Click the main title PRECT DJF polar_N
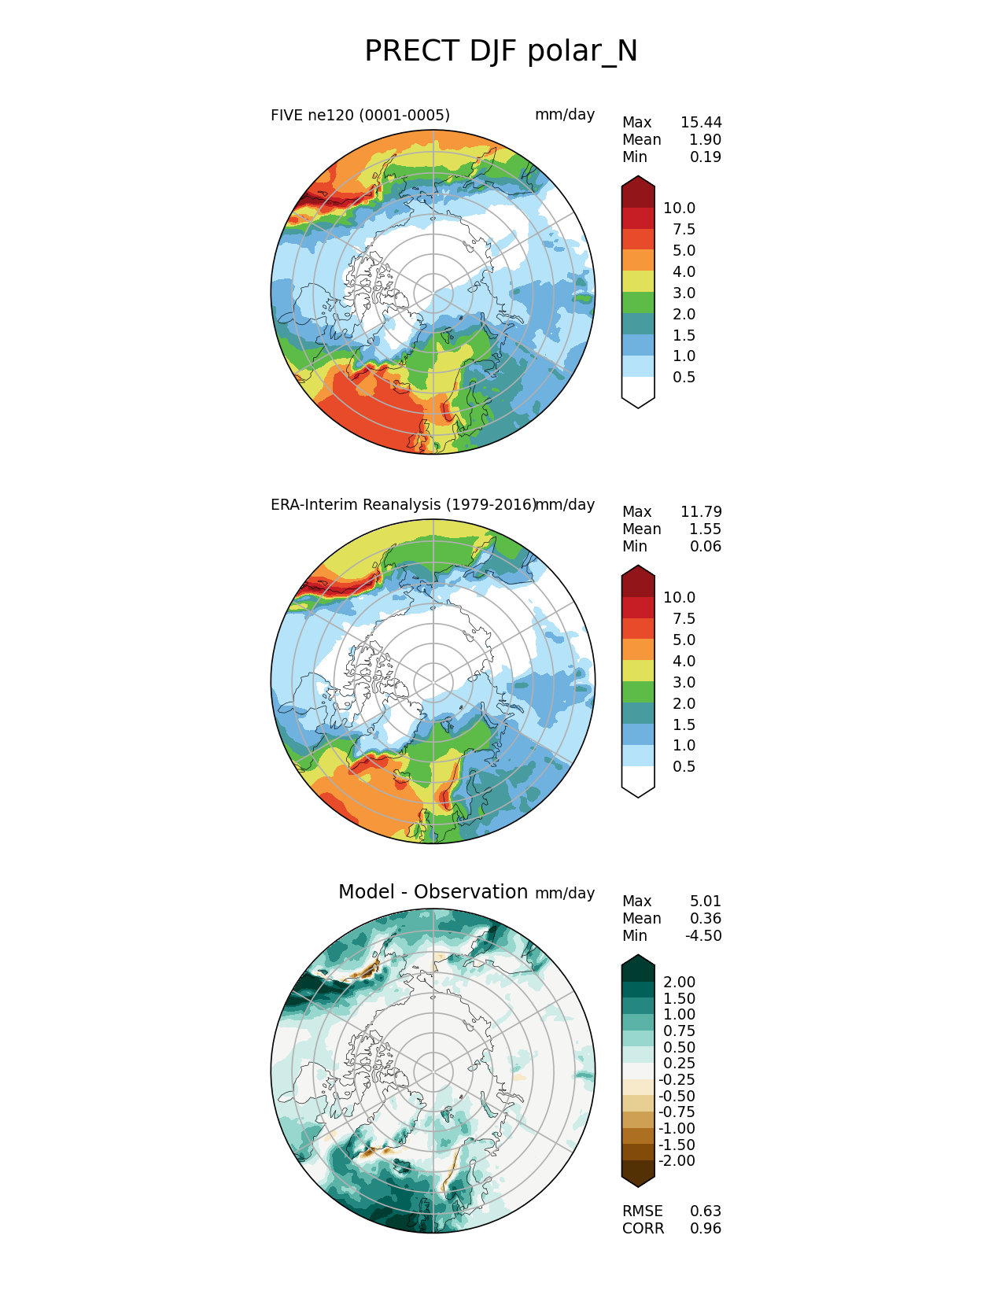point(501,51)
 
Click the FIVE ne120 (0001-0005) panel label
point(360,116)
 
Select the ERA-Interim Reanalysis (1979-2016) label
point(403,505)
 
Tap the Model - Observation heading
point(433,892)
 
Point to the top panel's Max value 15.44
point(701,123)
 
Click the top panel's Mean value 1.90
point(705,140)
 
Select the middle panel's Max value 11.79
point(701,512)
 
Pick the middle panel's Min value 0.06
point(705,547)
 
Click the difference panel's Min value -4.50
point(703,936)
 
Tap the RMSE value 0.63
point(706,1211)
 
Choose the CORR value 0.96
point(706,1229)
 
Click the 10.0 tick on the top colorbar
point(679,208)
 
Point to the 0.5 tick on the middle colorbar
point(684,767)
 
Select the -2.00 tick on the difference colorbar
point(677,1161)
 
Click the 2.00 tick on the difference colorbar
point(679,983)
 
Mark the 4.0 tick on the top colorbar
point(684,272)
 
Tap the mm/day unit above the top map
point(564,115)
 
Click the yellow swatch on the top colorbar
point(638,282)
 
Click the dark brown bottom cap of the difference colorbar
point(638,1173)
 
